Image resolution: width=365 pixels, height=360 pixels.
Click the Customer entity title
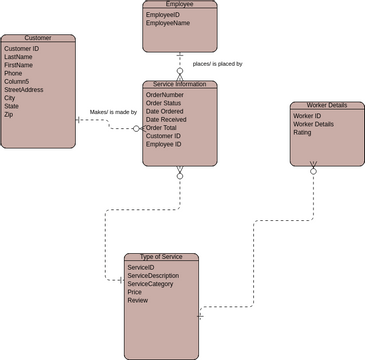[37, 38]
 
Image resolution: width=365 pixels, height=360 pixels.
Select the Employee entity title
[179, 5]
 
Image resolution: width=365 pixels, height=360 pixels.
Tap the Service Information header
[179, 85]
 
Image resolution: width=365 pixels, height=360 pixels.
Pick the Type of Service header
[160, 258]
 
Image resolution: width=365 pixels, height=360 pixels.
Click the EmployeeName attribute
[168, 24]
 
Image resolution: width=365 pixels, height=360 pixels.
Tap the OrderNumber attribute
[166, 95]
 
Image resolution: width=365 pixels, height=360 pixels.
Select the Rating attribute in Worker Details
[302, 132]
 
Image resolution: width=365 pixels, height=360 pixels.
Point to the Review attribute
[138, 300]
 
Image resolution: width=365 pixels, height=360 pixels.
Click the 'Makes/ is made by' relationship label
[113, 113]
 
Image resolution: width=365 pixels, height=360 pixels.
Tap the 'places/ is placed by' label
[217, 63]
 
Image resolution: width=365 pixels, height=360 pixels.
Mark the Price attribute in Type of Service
[135, 292]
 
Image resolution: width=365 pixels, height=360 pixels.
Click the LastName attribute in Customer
[18, 57]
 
